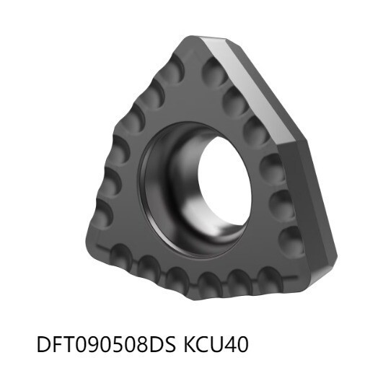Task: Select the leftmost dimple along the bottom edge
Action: tap(118, 253)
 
